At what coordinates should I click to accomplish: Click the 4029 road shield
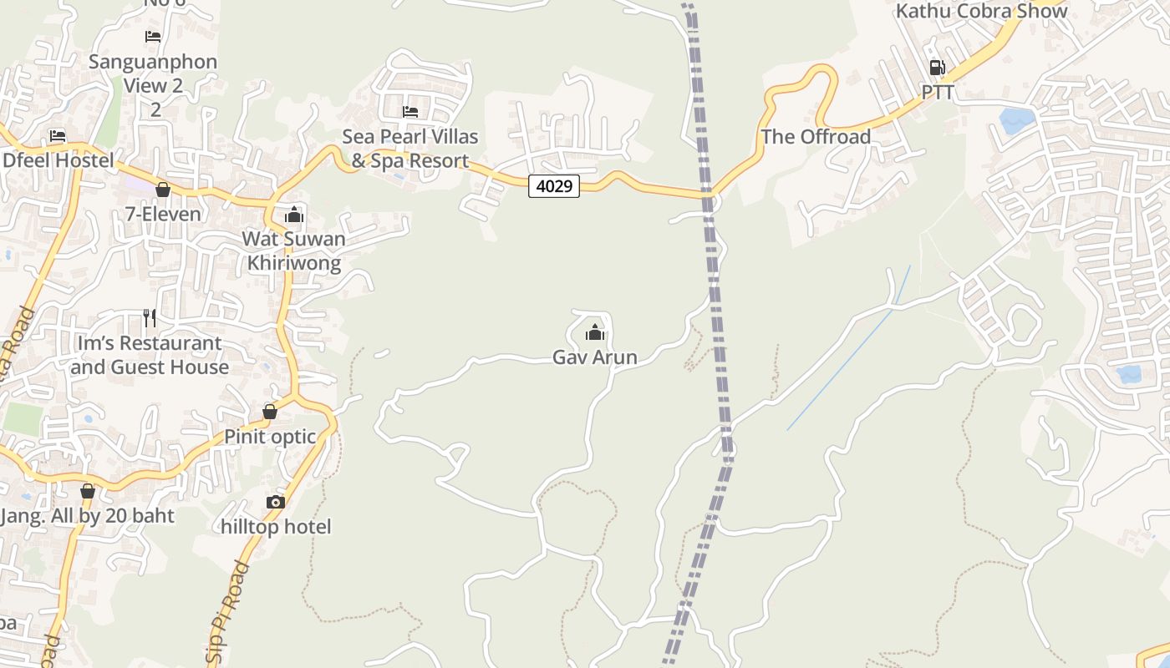[x=554, y=186]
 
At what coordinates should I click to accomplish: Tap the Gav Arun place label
[x=595, y=357]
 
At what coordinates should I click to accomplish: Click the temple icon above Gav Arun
[x=595, y=333]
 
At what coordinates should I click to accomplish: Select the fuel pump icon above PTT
[x=937, y=68]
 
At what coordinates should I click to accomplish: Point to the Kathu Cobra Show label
[x=981, y=12]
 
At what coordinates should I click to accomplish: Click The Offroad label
[x=816, y=137]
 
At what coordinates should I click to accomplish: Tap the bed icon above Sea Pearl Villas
[x=410, y=111]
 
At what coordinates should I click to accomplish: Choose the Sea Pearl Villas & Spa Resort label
[x=410, y=149]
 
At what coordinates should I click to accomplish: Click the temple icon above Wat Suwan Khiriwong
[x=293, y=215]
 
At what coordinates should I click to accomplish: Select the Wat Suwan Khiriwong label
[x=293, y=251]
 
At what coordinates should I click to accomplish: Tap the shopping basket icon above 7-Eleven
[x=163, y=190]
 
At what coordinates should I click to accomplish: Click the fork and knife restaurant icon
[x=150, y=318]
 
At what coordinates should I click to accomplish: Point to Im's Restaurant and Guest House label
[x=150, y=355]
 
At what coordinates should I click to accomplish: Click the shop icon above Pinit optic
[x=270, y=412]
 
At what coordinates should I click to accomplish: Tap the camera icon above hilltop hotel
[x=275, y=502]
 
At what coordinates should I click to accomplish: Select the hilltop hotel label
[x=276, y=527]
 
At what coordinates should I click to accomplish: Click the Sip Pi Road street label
[x=227, y=613]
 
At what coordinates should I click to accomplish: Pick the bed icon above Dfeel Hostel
[x=58, y=135]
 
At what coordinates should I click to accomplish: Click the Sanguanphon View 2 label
[x=153, y=73]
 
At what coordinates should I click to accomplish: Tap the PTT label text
[x=938, y=93]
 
